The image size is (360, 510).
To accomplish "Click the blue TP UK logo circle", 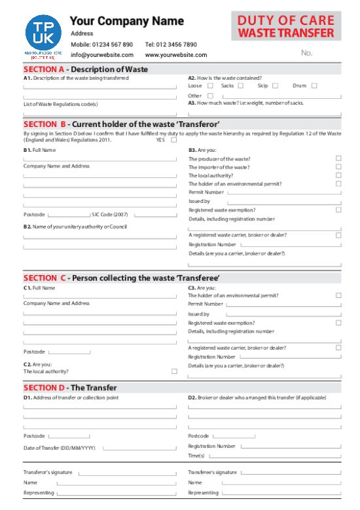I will [43, 33].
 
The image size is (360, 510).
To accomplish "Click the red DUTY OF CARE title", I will [285, 21].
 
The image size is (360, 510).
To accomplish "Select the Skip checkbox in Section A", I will [276, 86].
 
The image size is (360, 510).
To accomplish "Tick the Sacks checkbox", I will [241, 86].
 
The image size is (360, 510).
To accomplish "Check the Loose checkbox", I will [210, 86].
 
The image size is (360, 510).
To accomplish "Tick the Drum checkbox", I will [314, 86].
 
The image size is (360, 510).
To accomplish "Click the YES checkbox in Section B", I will [172, 139].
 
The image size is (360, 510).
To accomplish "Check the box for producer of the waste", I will [338, 158].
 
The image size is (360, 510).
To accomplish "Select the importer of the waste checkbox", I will [338, 167].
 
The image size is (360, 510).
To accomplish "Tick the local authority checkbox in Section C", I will [174, 371].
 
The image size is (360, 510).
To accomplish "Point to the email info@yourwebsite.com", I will [102, 55].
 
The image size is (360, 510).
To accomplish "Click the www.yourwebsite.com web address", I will [176, 55].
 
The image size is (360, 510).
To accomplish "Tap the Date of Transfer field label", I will [60, 448].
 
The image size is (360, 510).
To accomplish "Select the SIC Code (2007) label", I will [110, 214].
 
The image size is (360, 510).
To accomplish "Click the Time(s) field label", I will [196, 456].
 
